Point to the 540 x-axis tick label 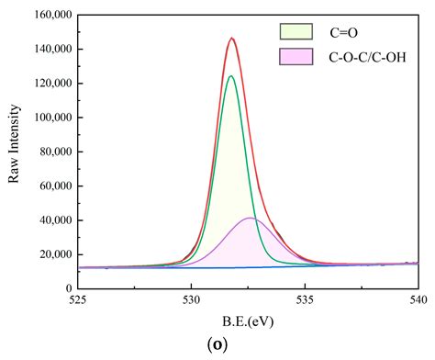coord(418,298)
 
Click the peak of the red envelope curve coord(232,39)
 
